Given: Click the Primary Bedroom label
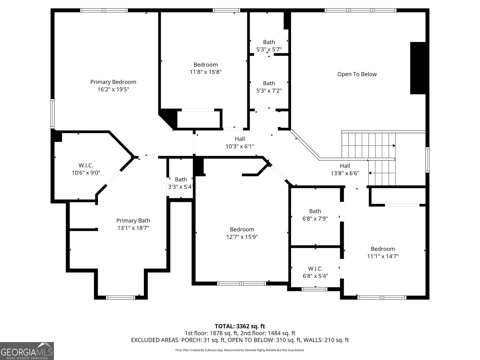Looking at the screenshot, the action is click(113, 82).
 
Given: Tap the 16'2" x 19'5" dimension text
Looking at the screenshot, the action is click(113, 89).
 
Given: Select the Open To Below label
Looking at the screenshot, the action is click(357, 74).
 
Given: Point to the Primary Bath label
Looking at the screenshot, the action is click(133, 220).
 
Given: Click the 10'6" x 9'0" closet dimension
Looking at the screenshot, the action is click(86, 173).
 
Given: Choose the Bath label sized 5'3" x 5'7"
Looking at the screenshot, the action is click(269, 42).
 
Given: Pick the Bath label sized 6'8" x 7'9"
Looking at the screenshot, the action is click(315, 211).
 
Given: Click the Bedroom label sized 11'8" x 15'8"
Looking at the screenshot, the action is click(205, 65).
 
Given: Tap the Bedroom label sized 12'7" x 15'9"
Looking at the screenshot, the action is click(242, 229).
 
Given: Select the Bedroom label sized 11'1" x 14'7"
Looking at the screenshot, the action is click(383, 249).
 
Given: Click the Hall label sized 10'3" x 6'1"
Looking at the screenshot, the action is click(240, 139).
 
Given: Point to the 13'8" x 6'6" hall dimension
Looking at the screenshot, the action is click(345, 173).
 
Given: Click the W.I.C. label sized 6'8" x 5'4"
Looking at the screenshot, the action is click(315, 268).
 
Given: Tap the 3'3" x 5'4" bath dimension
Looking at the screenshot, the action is click(180, 187).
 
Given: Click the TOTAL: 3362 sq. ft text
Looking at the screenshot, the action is click(240, 326).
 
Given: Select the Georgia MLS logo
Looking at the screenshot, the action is click(27, 351).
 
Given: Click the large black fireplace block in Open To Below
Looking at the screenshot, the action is click(418, 68).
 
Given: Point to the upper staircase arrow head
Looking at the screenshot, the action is click(394, 145).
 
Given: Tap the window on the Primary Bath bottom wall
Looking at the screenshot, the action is click(120, 298).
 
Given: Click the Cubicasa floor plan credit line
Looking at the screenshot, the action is click(240, 350).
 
